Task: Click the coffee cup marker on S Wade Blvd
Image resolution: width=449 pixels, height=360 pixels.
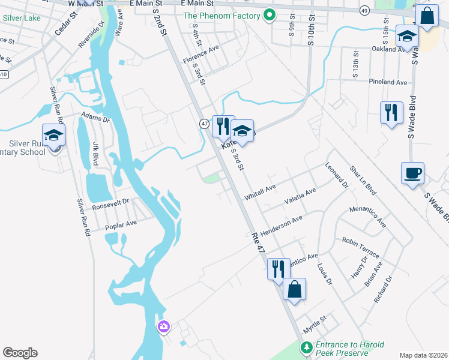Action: [412, 173]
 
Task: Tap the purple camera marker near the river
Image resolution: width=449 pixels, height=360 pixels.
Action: [163, 327]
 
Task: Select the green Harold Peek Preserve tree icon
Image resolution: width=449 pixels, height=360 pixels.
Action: [306, 347]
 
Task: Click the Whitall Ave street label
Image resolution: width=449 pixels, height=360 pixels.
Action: [260, 193]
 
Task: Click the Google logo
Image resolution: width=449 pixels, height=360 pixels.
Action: [20, 353]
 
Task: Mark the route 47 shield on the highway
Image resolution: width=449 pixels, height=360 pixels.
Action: [204, 123]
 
